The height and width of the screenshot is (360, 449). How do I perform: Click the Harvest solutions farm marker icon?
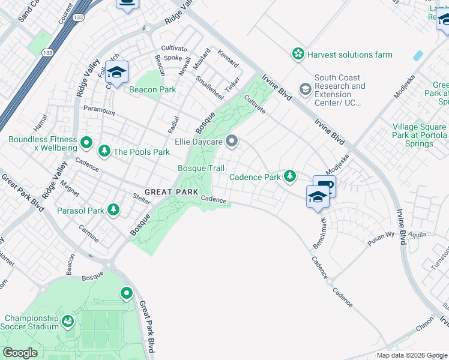tap(298, 55)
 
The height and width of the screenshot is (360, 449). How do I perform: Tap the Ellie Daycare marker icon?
tap(232, 142)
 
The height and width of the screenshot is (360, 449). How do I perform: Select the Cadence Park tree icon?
tap(291, 176)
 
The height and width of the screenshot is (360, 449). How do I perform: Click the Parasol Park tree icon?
tap(113, 210)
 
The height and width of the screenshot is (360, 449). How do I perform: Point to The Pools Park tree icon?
tap(104, 151)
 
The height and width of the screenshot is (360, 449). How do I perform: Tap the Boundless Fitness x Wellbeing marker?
tap(86, 143)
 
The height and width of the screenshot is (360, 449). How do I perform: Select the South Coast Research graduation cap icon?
tap(305, 90)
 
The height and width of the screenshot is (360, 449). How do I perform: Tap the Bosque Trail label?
tap(201, 169)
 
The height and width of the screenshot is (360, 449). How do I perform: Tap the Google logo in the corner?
tap(21, 353)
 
